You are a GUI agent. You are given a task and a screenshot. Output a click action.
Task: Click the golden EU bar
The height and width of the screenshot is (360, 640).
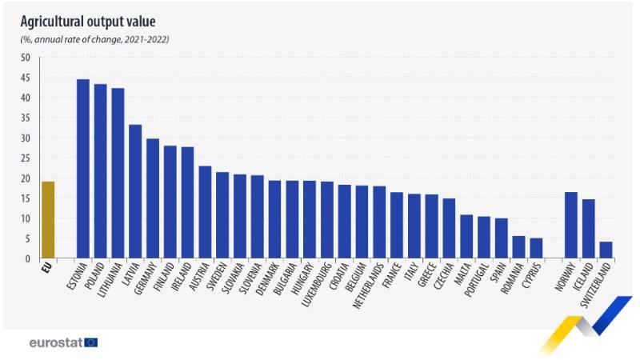(x=48, y=220)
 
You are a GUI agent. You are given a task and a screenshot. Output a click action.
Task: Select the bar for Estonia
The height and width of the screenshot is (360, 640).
(x=82, y=169)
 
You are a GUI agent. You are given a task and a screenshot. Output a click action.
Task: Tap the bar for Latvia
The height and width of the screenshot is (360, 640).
(x=135, y=192)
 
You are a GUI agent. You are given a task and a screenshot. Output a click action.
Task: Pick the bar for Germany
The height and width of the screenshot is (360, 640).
(x=153, y=198)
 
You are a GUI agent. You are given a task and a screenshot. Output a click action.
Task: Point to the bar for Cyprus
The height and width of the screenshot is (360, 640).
(x=536, y=248)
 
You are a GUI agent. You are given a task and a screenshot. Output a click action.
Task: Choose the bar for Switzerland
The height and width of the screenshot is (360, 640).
(x=606, y=250)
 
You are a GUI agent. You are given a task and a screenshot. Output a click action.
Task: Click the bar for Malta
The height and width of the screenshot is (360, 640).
(x=466, y=236)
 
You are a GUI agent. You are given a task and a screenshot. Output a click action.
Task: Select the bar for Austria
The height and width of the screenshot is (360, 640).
(x=205, y=212)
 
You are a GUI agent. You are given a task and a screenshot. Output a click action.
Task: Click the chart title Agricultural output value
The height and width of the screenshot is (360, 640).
(x=88, y=21)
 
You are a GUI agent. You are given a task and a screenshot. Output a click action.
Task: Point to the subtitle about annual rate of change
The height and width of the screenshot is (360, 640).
(x=94, y=39)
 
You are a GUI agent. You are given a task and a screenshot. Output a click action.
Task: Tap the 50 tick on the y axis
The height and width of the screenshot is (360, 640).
(x=25, y=58)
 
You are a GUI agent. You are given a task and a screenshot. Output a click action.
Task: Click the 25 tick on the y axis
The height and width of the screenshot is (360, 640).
(x=25, y=158)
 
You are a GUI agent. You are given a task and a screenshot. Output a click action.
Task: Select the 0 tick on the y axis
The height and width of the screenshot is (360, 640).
(x=27, y=259)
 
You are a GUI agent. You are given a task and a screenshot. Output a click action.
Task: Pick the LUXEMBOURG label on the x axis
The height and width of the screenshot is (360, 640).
(x=314, y=283)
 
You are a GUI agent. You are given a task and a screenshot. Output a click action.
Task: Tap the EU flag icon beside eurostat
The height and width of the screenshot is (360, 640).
(x=90, y=342)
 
